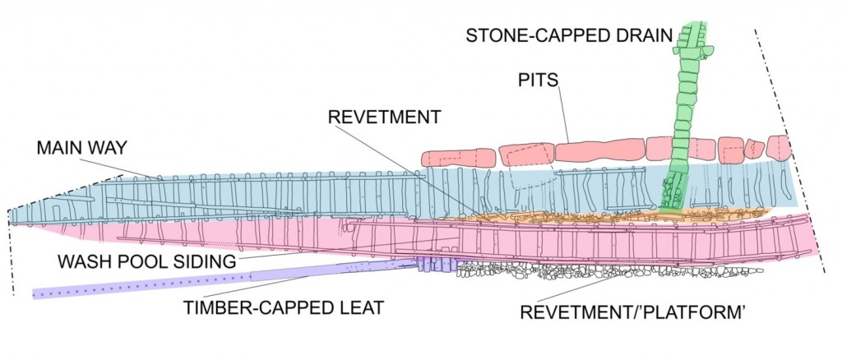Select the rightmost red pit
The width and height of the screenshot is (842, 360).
pyautogui.click(x=778, y=147)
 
